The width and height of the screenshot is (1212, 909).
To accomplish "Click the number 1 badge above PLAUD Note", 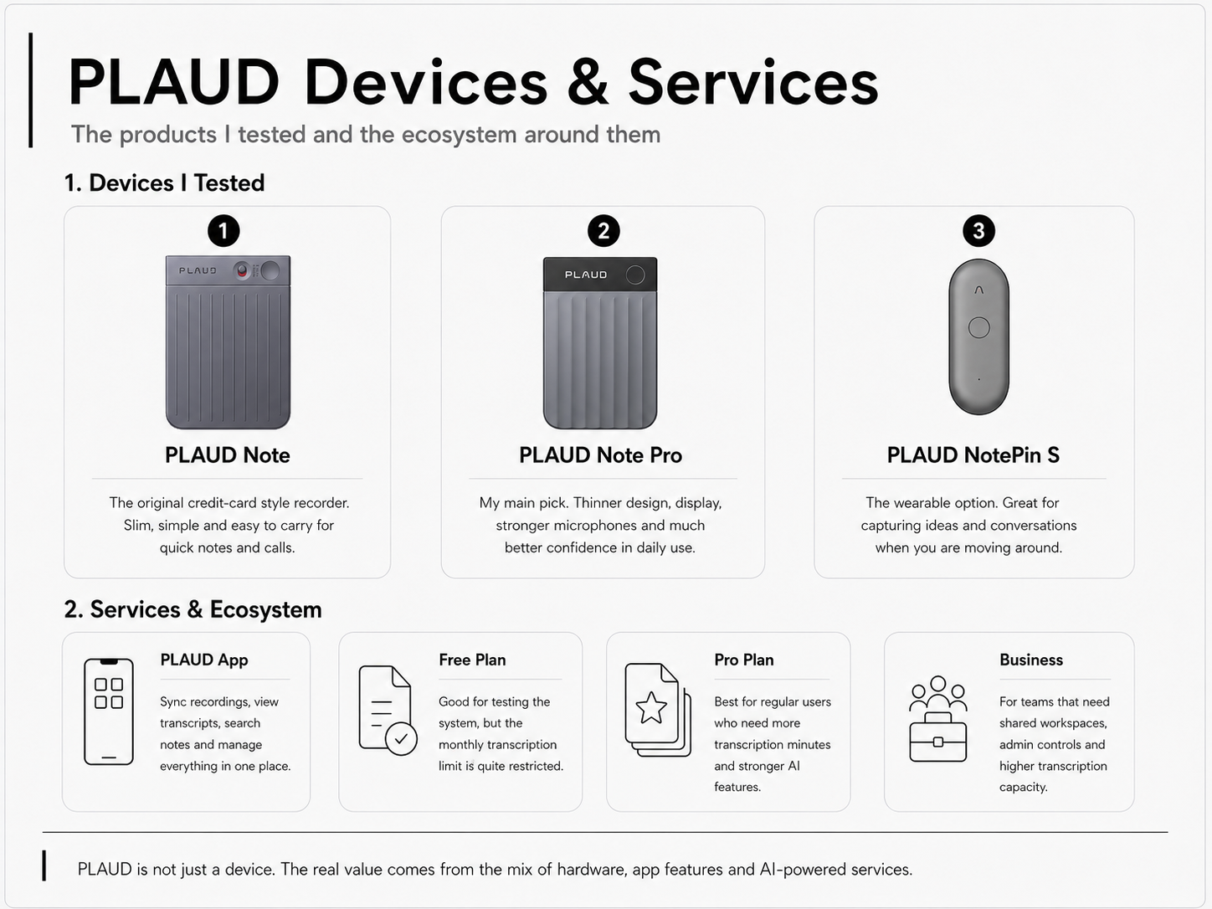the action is pyautogui.click(x=223, y=231).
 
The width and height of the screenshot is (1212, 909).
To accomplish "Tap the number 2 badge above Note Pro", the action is pyautogui.click(x=603, y=231).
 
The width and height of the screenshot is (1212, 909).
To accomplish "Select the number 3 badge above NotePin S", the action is pyautogui.click(x=978, y=231).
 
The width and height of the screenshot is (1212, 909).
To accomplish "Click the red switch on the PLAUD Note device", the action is pyautogui.click(x=242, y=271).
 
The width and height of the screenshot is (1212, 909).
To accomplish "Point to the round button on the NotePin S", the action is pyautogui.click(x=979, y=328).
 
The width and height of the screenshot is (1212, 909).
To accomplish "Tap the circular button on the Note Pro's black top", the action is pyautogui.click(x=635, y=275).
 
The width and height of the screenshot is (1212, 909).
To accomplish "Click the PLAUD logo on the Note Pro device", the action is pyautogui.click(x=586, y=275).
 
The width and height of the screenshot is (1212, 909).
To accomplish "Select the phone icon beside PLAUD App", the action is pyautogui.click(x=109, y=711).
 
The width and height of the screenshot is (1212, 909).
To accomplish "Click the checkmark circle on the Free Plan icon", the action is pyautogui.click(x=401, y=738).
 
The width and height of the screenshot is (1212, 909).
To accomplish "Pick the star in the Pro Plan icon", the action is pyautogui.click(x=651, y=707).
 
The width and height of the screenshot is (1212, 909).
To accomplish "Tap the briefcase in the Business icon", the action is pyautogui.click(x=937, y=737).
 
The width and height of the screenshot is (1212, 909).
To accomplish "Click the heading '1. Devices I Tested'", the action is pyautogui.click(x=165, y=183).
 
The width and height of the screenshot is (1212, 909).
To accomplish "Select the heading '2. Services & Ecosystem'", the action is pyautogui.click(x=193, y=610).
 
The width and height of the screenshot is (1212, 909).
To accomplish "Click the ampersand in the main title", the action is pyautogui.click(x=588, y=83).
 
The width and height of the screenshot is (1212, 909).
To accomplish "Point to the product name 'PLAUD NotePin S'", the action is pyautogui.click(x=973, y=455).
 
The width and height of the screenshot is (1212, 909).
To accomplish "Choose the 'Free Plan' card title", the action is pyautogui.click(x=472, y=660).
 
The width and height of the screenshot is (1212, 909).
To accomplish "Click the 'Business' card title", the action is pyautogui.click(x=1031, y=660).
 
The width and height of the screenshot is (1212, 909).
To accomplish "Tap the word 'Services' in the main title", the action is pyautogui.click(x=753, y=83).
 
